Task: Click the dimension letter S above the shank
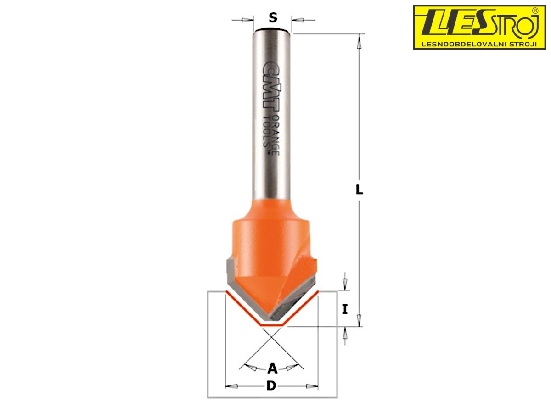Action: coord(273,17)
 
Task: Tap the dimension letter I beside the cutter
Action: coord(345,309)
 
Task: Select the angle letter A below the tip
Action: coord(272,368)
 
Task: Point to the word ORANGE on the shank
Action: coord(276,135)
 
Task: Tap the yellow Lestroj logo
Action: coord(480,27)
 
